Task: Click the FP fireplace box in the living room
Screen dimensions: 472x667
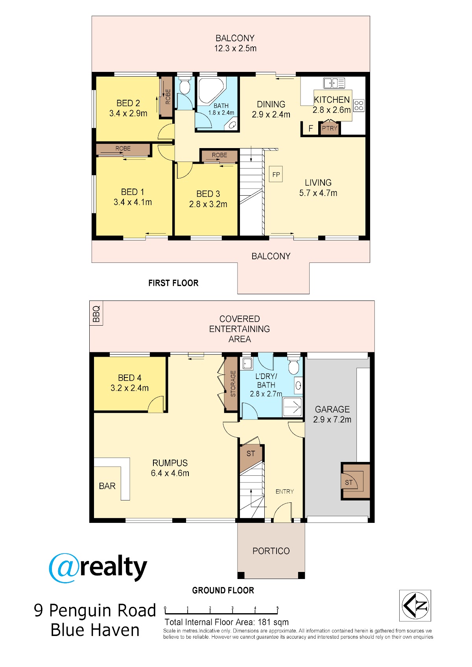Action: [276, 174]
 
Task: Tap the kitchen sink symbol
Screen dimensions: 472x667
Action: [334, 83]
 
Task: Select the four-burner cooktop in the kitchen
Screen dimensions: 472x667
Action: [359, 105]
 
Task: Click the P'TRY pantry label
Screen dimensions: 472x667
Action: [330, 128]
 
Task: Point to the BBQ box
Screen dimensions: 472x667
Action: [96, 313]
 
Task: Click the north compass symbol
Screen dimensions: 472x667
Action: [415, 605]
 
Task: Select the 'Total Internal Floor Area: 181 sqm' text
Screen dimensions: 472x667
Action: [227, 622]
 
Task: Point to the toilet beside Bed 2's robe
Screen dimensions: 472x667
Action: [185, 86]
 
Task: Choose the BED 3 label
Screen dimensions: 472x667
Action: [208, 194]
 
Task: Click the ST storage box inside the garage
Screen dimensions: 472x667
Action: [356, 482]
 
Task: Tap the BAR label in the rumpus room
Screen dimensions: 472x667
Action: [107, 486]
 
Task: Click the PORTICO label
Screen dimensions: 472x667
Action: [271, 551]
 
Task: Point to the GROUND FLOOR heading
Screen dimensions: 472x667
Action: [223, 590]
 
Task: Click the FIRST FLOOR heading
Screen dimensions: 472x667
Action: [173, 283]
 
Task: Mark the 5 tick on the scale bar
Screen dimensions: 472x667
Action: [278, 610]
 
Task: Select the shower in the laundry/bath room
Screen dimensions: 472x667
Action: [293, 407]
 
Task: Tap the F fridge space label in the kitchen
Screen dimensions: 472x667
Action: [311, 128]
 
